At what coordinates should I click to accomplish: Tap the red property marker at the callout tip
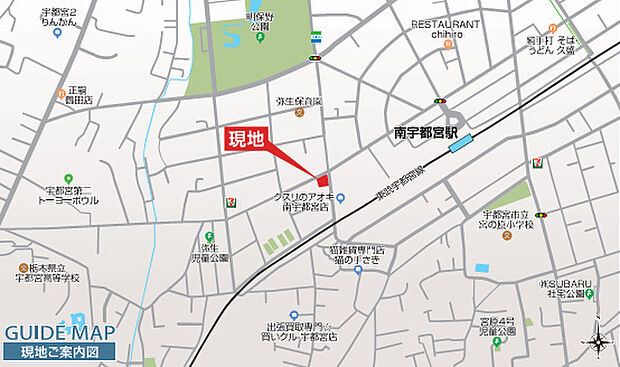pos(321,178)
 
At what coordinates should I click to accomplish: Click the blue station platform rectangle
pos(463,144)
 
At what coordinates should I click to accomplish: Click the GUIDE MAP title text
pos(60,333)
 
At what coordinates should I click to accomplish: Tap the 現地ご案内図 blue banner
pos(60,352)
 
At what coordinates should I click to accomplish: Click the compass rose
pos(599,342)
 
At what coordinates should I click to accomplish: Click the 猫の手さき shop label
pos(358,254)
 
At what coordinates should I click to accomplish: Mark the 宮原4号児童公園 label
pos(497,327)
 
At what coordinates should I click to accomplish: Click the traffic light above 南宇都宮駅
pos(439,101)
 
